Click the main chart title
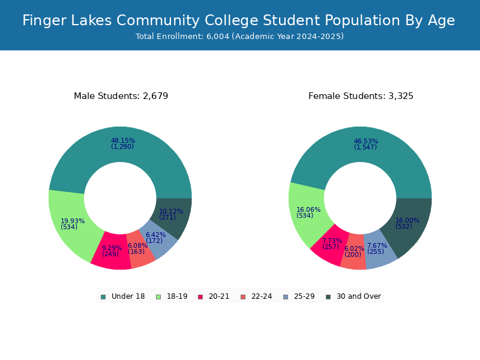pos(238,20)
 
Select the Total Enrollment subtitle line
pos(239,37)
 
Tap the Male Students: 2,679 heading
pos(121,96)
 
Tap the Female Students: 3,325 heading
pos(361,96)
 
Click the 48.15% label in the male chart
pos(123,141)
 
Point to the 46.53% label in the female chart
pos(366,142)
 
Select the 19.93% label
pos(73,221)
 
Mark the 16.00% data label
pos(407,220)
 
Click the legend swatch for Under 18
pos(103,296)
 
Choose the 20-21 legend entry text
pos(219,296)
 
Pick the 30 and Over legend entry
pos(358,296)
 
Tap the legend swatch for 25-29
pos(286,296)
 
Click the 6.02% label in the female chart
pos(354,248)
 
